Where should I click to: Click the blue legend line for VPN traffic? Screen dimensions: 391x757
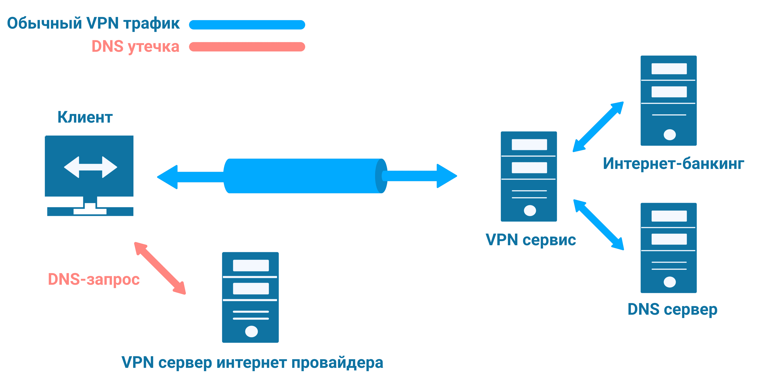click(x=247, y=25)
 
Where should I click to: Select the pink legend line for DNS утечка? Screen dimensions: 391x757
click(x=247, y=47)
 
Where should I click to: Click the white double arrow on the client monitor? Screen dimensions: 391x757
click(x=91, y=167)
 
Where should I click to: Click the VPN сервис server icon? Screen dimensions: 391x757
click(x=529, y=176)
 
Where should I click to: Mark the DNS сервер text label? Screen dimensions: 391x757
click(x=672, y=309)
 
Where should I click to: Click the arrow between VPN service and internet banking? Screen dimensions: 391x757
click(x=598, y=127)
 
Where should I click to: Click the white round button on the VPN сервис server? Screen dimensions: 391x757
click(x=530, y=210)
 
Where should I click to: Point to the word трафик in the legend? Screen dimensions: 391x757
click(x=151, y=23)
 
